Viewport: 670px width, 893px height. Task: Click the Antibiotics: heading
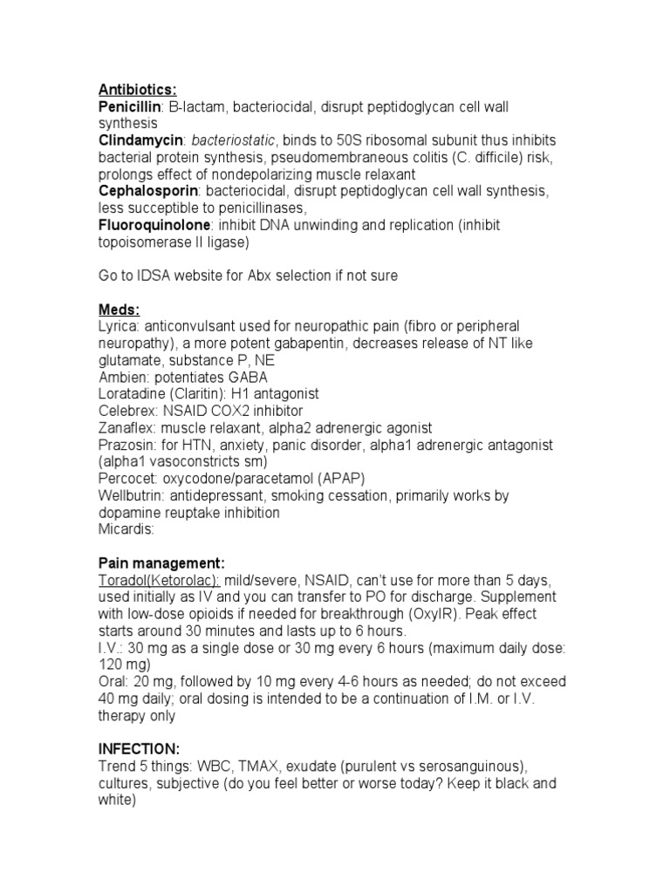[x=137, y=89]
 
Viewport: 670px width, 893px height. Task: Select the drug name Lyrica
[x=119, y=326]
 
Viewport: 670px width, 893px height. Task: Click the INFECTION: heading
[x=140, y=749]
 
